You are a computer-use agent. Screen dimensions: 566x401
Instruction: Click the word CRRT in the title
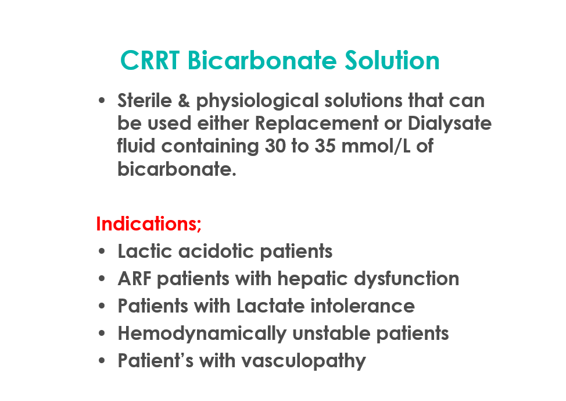[150, 60]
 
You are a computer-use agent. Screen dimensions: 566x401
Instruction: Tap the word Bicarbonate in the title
[262, 60]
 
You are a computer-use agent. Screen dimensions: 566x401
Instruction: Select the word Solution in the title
[392, 60]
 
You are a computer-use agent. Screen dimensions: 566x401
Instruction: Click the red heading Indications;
[149, 224]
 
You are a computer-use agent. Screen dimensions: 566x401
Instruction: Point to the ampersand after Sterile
[184, 101]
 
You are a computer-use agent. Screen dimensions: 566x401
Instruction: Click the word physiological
[257, 102]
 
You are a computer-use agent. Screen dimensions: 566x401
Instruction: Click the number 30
[275, 146]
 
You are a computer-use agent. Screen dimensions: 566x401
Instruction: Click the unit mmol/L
[376, 146]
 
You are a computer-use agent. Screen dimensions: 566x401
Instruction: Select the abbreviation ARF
[135, 279]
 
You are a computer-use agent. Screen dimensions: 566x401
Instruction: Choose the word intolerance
[363, 306]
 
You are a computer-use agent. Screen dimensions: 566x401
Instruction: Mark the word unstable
[331, 333]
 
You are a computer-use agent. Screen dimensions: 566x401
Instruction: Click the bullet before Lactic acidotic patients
[102, 251]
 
